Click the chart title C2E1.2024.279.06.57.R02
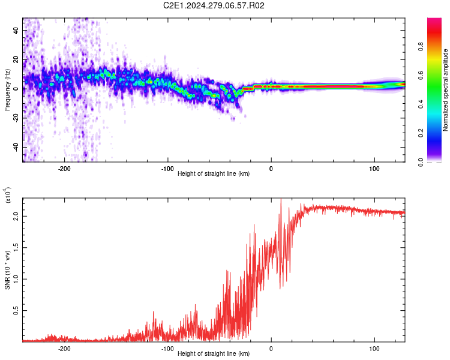pyautogui.click(x=214, y=5)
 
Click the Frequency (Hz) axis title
pyautogui.click(x=7, y=90)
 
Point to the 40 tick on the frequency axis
pyautogui.click(x=16, y=30)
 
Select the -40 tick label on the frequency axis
pyautogui.click(x=16, y=147)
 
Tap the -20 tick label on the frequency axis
pyautogui.click(x=16, y=118)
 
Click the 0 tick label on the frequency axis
pyautogui.click(x=16, y=89)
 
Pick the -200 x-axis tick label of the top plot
pyautogui.click(x=64, y=169)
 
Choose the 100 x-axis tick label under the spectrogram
pyautogui.click(x=374, y=169)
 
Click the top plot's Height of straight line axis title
pyautogui.click(x=214, y=173)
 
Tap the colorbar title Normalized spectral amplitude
pyautogui.click(x=445, y=90)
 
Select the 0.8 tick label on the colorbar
pyautogui.click(x=421, y=46)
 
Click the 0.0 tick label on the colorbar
pyautogui.click(x=421, y=162)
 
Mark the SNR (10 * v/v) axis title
pyautogui.click(x=7, y=270)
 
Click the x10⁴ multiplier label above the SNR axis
pyautogui.click(x=8, y=195)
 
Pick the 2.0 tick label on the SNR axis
pyautogui.click(x=16, y=216)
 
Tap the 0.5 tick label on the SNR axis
pyautogui.click(x=16, y=310)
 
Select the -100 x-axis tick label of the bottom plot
pyautogui.click(x=167, y=349)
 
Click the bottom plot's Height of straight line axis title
pyautogui.click(x=214, y=353)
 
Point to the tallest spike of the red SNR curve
pyautogui.click(x=281, y=199)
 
